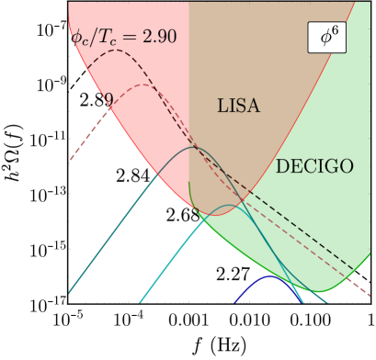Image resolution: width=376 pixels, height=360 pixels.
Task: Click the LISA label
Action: point(238,107)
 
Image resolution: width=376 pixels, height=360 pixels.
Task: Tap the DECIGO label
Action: point(314,167)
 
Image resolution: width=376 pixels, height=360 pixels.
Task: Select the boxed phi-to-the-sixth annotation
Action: point(326,39)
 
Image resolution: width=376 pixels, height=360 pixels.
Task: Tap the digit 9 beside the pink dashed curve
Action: point(108,99)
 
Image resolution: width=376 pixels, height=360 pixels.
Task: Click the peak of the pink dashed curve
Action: point(145,84)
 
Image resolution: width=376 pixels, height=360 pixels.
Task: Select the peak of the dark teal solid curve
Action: point(194,147)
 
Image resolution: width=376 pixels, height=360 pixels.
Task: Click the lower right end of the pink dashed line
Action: point(370,297)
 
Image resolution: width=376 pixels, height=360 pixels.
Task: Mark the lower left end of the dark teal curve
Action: point(69,294)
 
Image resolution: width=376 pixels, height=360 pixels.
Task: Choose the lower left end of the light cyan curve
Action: point(139,301)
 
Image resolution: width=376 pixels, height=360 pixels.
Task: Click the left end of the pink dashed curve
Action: point(70,163)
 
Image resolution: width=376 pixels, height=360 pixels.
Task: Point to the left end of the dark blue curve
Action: point(233,301)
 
